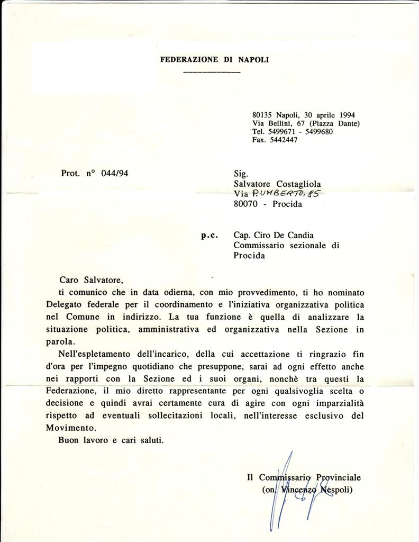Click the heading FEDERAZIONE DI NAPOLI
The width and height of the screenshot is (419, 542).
[x=214, y=60]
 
